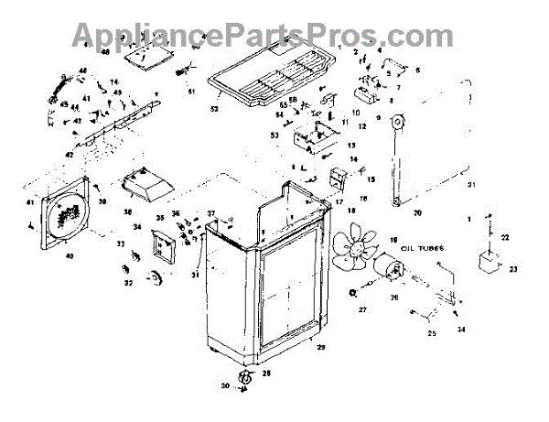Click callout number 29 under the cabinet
point(320,349)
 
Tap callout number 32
point(127,283)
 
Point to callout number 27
point(361,310)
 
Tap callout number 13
point(352,146)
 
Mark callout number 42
point(69,156)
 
